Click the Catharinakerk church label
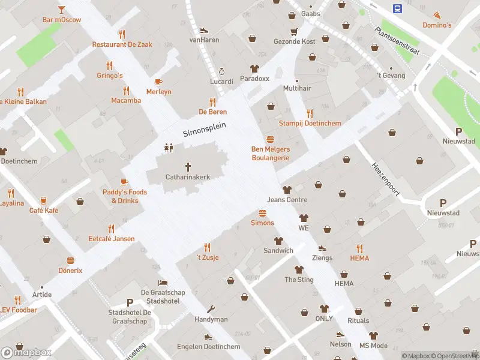click(188, 177)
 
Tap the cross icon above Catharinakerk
click(188, 166)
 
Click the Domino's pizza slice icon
click(437, 15)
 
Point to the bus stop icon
click(397, 8)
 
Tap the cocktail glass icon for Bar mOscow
click(61, 10)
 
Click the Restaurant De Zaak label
click(122, 44)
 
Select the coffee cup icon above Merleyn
click(158, 82)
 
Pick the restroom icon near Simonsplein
click(169, 147)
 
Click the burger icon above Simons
click(262, 213)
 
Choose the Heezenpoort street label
click(385, 178)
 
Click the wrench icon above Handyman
click(211, 310)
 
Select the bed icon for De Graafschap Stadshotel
click(163, 282)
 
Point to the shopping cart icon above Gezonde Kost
click(294, 31)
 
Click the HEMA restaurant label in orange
click(359, 258)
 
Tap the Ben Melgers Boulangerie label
click(271, 154)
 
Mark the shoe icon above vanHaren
click(204, 30)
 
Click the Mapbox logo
click(27, 352)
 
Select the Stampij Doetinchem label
click(310, 123)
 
